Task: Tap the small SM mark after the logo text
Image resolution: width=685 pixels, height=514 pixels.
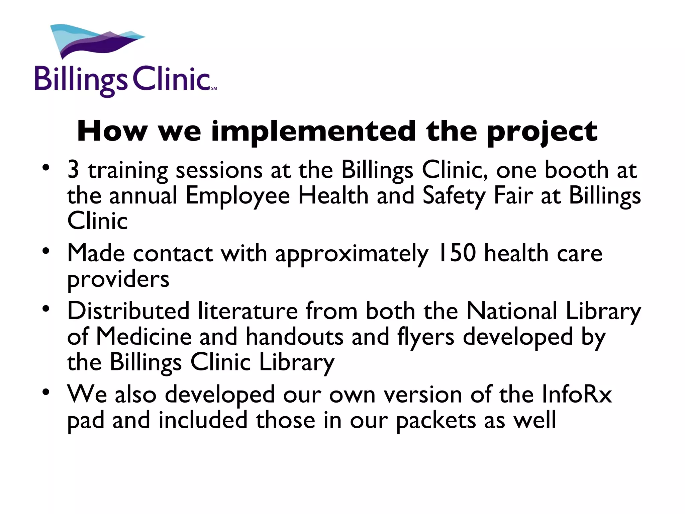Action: [214, 88]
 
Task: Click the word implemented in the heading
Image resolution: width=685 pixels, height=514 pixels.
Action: [313, 132]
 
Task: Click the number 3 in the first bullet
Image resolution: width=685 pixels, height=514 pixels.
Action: [73, 170]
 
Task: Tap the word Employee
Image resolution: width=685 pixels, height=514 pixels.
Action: [237, 196]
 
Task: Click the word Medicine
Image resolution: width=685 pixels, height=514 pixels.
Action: [144, 337]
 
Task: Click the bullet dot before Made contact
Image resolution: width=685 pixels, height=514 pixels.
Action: [46, 251]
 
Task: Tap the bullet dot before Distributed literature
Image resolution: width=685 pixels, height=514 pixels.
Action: [46, 308]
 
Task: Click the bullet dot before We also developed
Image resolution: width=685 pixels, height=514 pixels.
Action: [46, 392]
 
